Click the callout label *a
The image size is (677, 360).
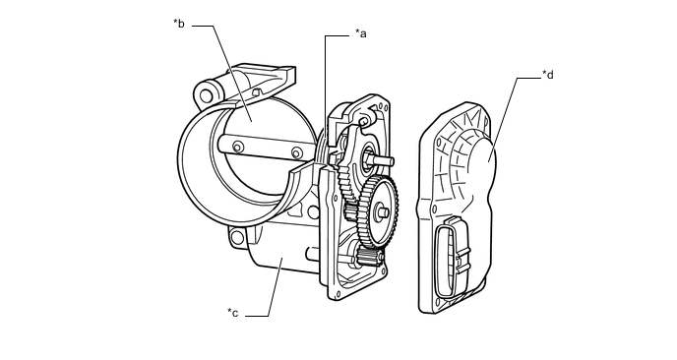(x=360, y=33)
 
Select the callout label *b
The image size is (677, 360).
(x=179, y=24)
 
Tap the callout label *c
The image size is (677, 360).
(x=232, y=313)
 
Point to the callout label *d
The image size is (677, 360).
(x=548, y=75)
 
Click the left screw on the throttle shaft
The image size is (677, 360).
(x=237, y=148)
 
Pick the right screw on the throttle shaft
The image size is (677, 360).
(x=296, y=153)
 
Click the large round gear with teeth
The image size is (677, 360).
(x=378, y=211)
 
